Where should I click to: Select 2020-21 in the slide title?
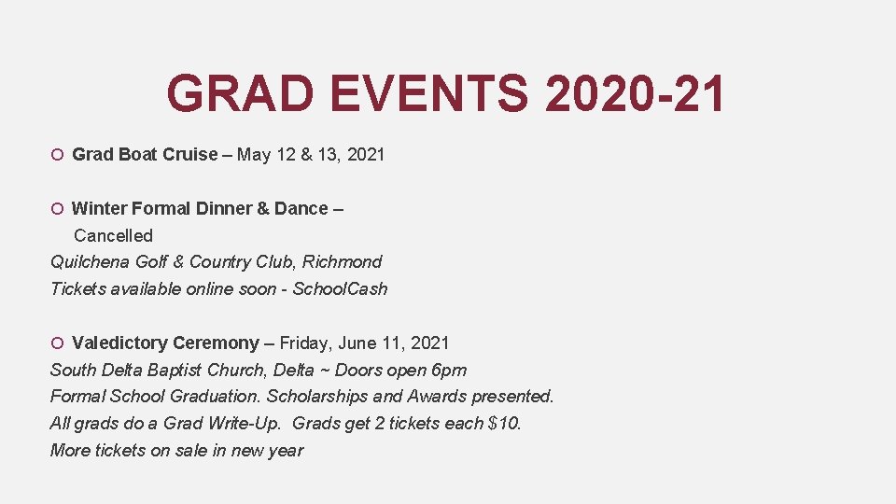click(635, 93)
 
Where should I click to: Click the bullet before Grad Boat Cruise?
click(58, 155)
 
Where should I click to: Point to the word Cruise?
click(190, 154)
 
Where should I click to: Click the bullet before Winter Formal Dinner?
click(58, 209)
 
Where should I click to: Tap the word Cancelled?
click(113, 235)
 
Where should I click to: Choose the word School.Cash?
click(340, 288)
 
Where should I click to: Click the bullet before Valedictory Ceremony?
click(58, 343)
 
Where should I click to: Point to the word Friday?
click(306, 343)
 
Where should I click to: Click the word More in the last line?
click(70, 450)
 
